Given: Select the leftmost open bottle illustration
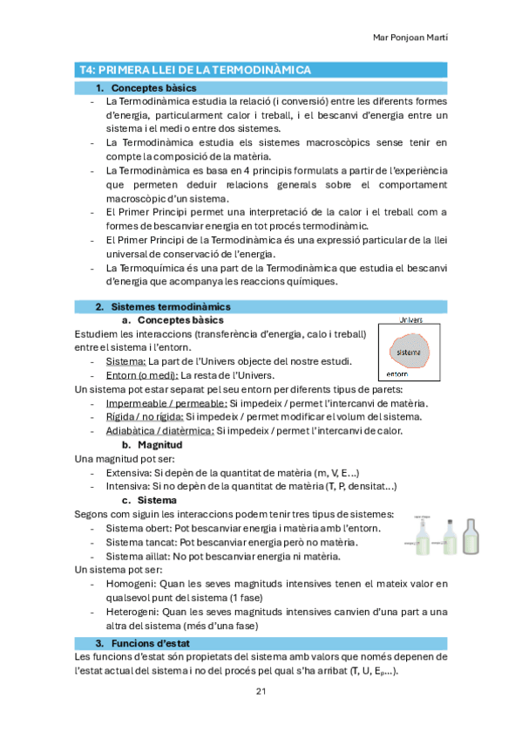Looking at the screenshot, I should pos(422,537).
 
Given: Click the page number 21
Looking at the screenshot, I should pos(261,691).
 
